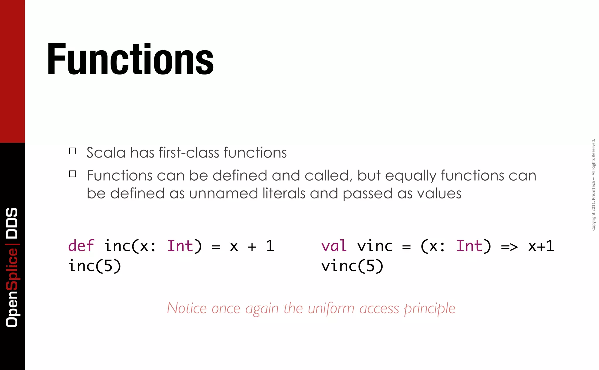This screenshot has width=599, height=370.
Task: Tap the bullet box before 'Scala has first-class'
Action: [73, 151]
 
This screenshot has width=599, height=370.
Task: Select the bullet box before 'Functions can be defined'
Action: [73, 174]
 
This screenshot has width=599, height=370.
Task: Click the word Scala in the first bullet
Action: [106, 153]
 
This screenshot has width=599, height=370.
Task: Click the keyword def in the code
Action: [81, 246]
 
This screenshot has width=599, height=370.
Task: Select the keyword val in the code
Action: [334, 246]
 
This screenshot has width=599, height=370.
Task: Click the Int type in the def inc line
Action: [180, 246]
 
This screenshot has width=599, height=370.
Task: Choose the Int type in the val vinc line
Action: [469, 246]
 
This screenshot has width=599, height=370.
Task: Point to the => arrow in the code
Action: [509, 247]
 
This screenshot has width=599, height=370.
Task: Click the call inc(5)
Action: [94, 266]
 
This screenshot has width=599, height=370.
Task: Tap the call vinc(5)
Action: [352, 266]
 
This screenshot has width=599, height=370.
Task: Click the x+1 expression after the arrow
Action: [541, 246]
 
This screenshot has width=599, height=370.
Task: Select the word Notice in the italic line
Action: [187, 308]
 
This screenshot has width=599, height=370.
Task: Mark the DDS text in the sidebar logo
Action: [12, 223]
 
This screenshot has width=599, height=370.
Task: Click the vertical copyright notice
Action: [593, 185]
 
